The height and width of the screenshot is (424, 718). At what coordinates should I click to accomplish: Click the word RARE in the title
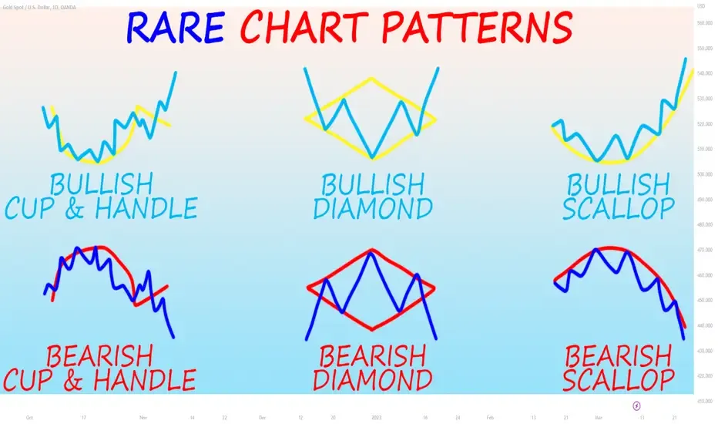(175, 28)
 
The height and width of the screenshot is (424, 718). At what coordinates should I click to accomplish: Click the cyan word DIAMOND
(373, 208)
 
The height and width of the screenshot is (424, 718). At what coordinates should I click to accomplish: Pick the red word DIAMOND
(373, 379)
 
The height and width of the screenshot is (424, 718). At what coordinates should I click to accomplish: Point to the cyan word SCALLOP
(619, 208)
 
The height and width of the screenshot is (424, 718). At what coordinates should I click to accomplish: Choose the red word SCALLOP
(619, 379)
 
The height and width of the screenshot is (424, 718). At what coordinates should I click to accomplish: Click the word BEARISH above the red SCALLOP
(619, 356)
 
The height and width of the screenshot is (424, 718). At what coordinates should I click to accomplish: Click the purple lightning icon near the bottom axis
(637, 405)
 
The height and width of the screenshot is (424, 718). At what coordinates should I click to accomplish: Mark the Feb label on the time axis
(490, 417)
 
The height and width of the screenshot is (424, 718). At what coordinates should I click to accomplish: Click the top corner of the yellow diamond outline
(372, 78)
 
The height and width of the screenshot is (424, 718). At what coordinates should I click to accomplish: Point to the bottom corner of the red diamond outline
(372, 330)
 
